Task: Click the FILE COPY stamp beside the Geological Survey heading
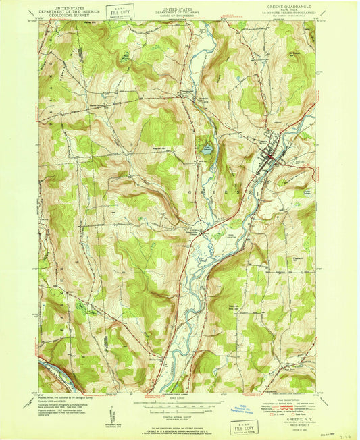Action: pos(120,11)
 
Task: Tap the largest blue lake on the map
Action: pos(207,148)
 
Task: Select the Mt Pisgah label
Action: pos(294,49)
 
